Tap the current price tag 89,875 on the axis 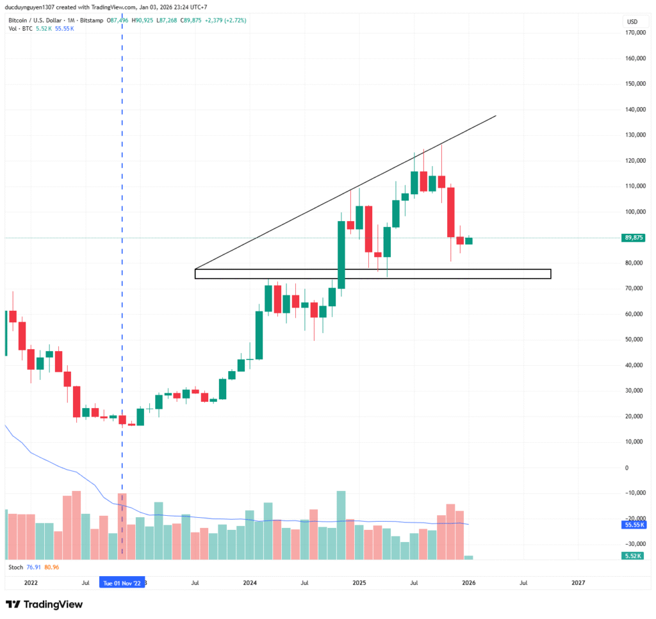633,238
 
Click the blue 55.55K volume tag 633,524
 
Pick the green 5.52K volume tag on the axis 633,556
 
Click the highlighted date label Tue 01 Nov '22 122,582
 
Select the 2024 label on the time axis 250,582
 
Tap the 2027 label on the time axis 578,582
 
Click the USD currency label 632,22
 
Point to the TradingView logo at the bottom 44,604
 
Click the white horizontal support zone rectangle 372,274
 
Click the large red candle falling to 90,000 451,211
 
